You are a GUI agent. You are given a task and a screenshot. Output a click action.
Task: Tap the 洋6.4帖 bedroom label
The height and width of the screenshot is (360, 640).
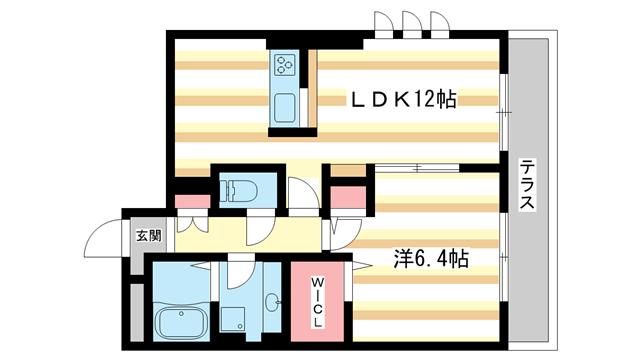coord(431,258)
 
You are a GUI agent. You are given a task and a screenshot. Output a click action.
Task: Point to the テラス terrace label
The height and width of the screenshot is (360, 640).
coord(527,184)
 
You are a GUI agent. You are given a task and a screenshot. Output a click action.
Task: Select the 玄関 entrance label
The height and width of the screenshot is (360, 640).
coord(149,236)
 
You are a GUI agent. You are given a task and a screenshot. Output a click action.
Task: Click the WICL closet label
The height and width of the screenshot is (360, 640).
coord(317,302)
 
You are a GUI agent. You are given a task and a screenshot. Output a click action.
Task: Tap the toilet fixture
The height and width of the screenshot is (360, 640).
coord(238,191)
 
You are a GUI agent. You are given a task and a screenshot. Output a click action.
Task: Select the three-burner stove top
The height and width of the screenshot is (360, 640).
coord(284,64)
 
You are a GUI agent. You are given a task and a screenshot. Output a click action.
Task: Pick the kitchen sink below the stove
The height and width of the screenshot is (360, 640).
coord(284,108)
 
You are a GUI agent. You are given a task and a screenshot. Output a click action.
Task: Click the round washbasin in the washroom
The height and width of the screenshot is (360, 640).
coord(272,302)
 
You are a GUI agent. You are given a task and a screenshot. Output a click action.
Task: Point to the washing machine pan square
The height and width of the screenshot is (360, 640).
coord(233,319)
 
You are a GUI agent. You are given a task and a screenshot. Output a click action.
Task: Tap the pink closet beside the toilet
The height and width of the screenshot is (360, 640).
coord(192,202)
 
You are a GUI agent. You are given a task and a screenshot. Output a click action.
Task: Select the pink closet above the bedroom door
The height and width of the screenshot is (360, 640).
coord(348,197)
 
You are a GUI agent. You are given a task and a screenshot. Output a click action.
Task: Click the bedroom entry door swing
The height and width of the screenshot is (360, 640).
coord(345,235)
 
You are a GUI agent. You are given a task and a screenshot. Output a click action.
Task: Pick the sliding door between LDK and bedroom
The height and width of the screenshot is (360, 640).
coord(417,168)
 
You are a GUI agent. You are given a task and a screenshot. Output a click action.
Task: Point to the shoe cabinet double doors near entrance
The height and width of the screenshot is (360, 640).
coord(193,224)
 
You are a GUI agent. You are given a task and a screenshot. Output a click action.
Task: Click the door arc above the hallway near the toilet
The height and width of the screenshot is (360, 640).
coord(304,193)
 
